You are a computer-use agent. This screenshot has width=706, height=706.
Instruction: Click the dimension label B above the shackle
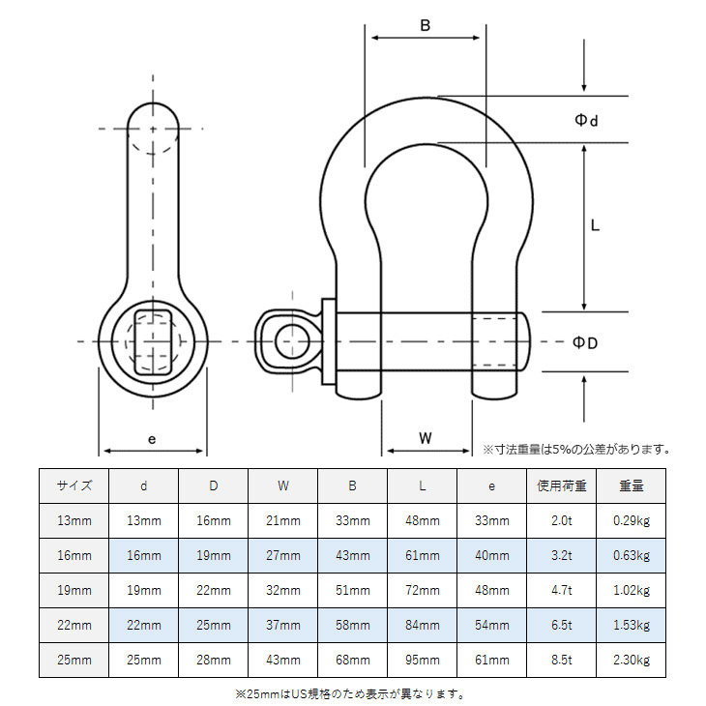pos(425,25)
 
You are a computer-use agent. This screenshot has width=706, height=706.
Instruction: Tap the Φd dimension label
pos(586,120)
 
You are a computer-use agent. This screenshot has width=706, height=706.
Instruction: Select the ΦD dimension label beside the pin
pos(585,343)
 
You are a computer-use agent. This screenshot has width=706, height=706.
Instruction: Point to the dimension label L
pos(596,225)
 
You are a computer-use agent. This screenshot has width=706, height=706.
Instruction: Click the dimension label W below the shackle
pos(426,437)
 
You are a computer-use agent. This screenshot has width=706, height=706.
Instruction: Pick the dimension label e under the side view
pos(152,438)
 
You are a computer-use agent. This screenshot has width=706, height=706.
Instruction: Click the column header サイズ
pos(74,485)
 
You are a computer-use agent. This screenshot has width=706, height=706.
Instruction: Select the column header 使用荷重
pos(562,485)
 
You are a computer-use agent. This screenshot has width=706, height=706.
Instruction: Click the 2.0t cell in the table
pos(562,520)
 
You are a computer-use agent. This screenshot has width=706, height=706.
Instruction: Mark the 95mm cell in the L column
pos(423,660)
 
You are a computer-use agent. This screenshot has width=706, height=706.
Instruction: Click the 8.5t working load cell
pos(562,660)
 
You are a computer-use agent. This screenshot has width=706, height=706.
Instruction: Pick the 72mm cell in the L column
pos(423,590)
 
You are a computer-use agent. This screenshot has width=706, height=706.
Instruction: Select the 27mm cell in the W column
pos(283,555)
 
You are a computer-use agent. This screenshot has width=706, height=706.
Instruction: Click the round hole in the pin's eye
pos(289,341)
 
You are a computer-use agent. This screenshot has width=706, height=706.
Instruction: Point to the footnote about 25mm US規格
pos(350,692)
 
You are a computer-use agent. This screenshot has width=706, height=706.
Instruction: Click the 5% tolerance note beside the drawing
pos(576,449)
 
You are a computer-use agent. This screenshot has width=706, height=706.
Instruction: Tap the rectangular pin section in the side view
pos(153,341)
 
